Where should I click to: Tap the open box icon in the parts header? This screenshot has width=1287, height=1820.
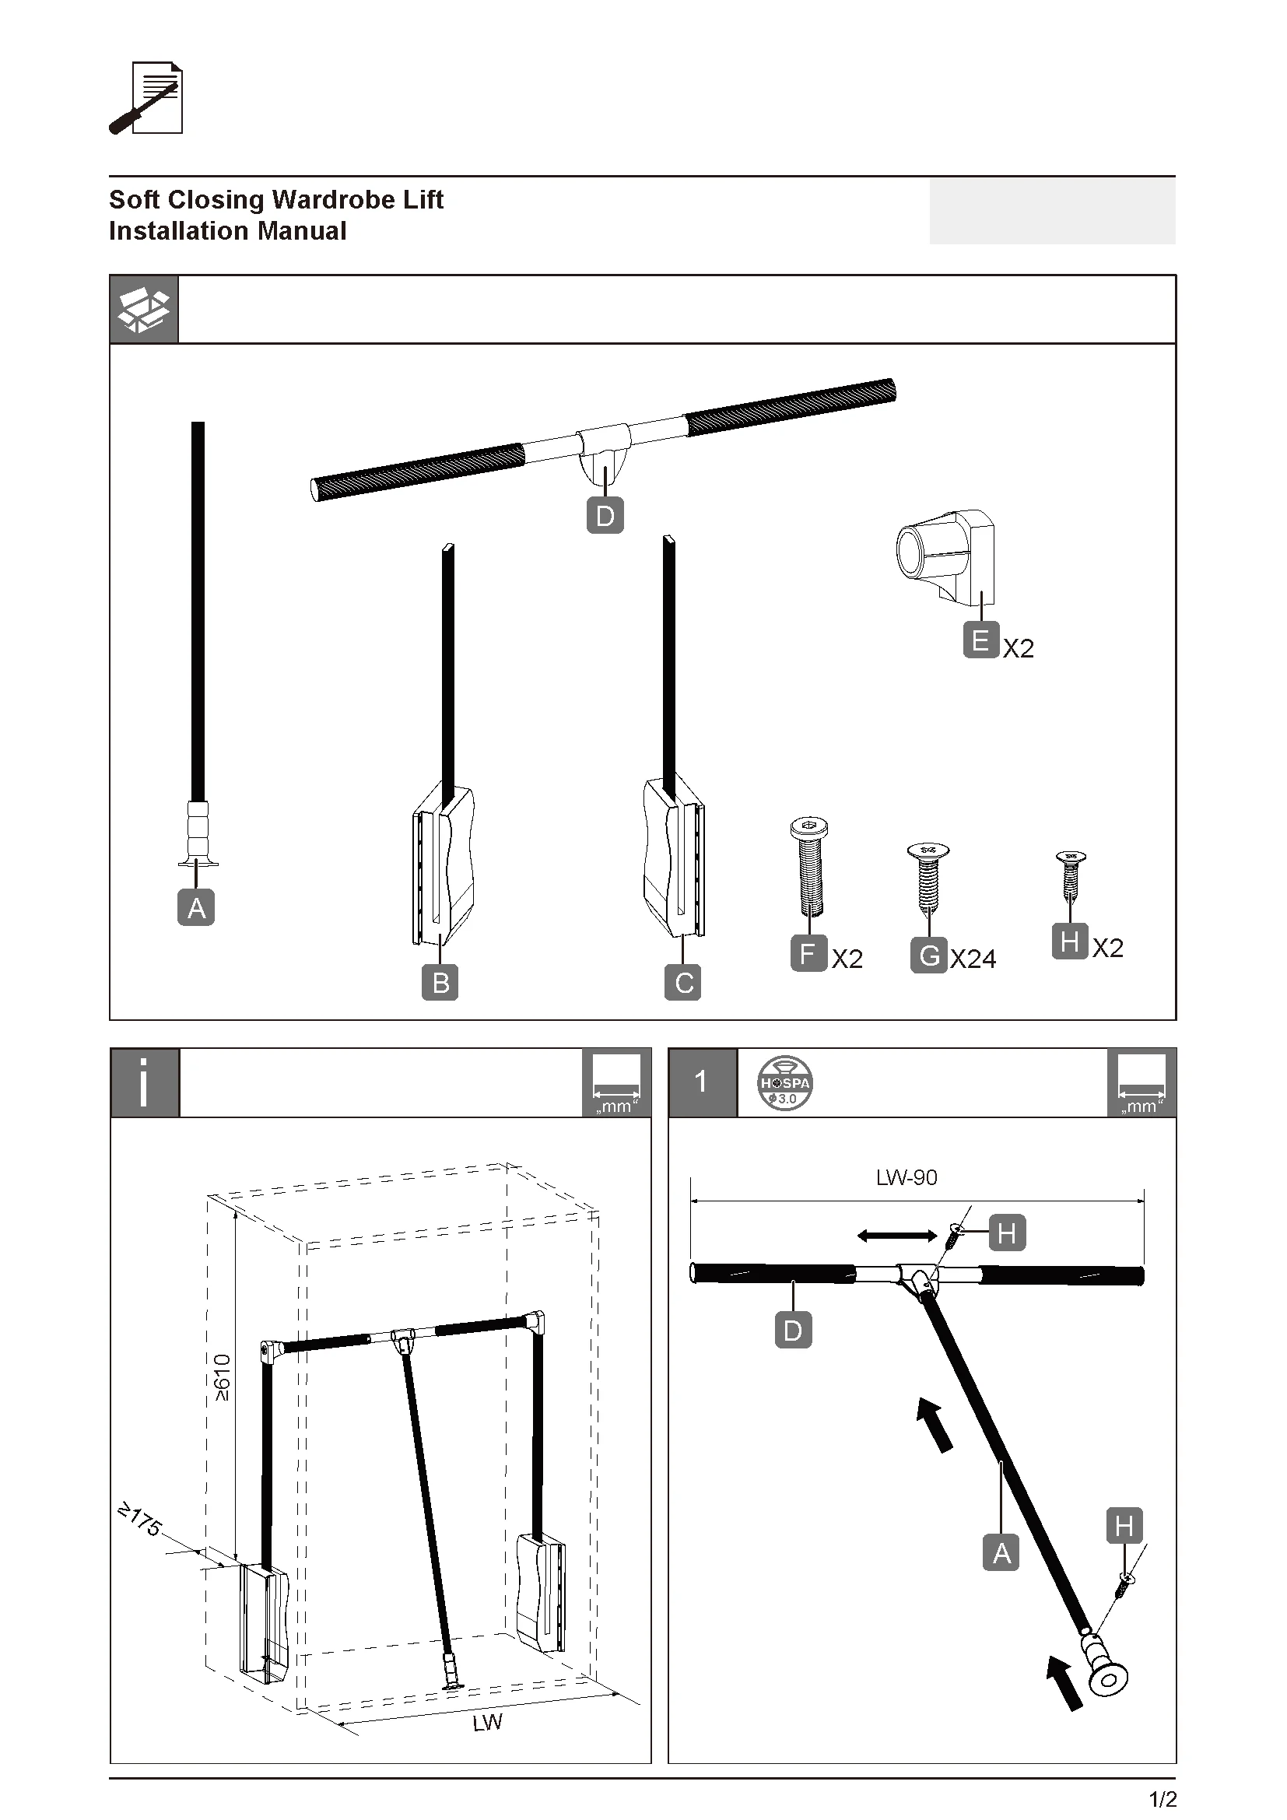point(143,310)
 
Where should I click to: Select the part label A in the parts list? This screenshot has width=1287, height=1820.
point(197,907)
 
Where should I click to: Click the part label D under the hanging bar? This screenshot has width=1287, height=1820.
point(605,516)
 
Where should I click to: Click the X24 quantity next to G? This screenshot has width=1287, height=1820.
point(973,959)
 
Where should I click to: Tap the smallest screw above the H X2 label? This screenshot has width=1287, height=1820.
point(1071,876)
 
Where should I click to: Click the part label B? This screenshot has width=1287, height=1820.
point(440,983)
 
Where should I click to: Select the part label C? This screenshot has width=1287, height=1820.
point(683,983)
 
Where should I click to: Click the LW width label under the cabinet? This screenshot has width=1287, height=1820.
point(487,1722)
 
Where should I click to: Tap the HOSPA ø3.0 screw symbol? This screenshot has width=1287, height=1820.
point(784,1083)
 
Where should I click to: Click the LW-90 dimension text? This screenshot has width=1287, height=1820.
point(907,1178)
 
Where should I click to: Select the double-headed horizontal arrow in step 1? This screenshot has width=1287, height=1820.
point(897,1235)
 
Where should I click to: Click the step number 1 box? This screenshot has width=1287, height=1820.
point(702,1083)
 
